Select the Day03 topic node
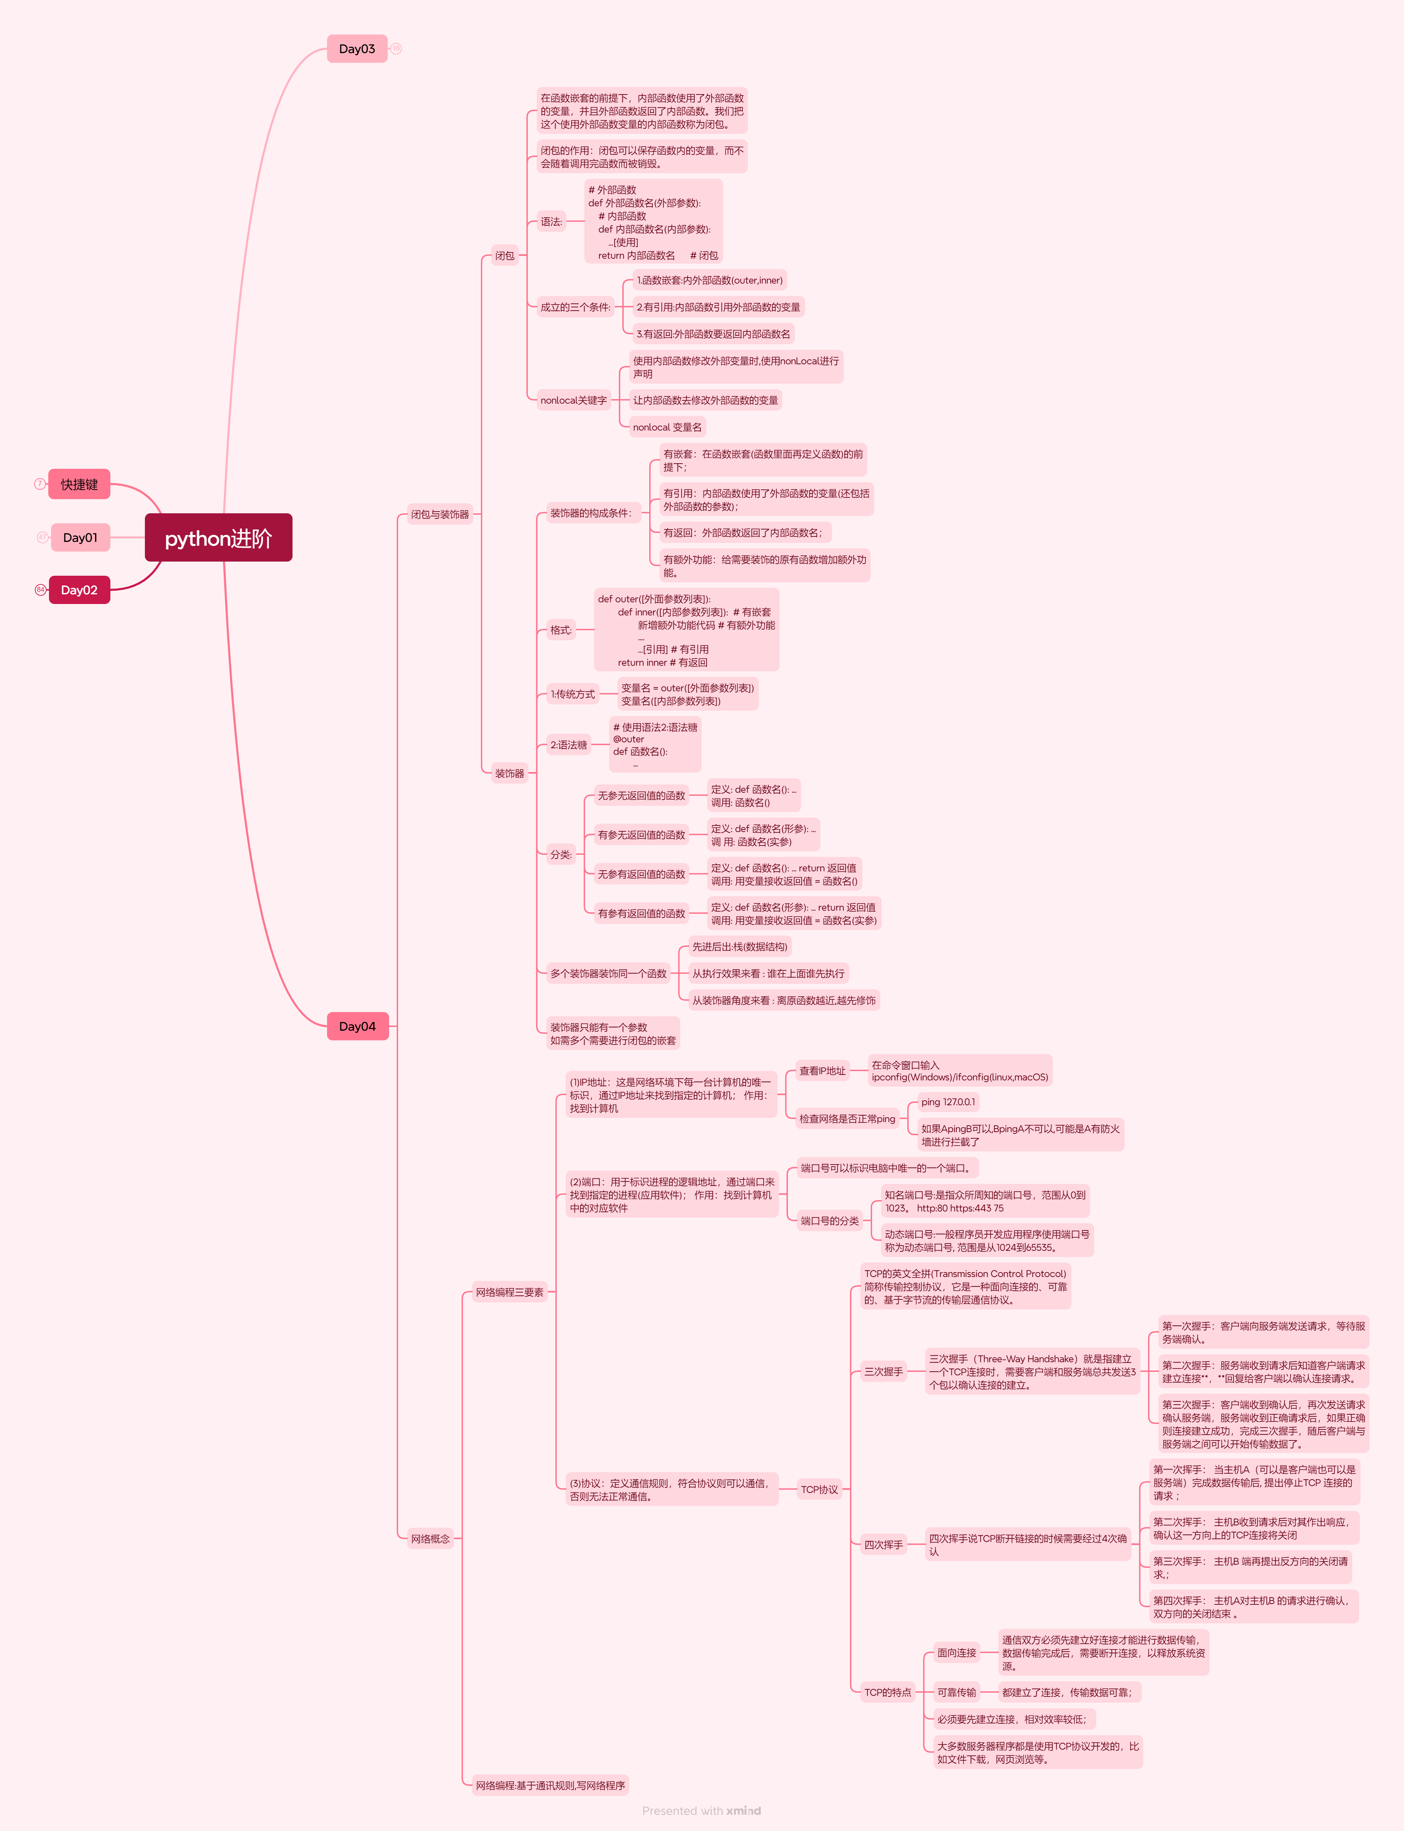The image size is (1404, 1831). (x=357, y=49)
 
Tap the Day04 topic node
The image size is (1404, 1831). (x=357, y=1026)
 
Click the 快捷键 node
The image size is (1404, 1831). (x=79, y=484)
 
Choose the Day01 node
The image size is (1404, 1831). (x=80, y=537)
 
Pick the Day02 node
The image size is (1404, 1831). (x=79, y=590)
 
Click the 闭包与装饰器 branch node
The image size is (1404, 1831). (x=439, y=514)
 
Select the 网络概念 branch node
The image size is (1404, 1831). (x=431, y=1538)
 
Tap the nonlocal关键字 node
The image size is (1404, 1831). (x=573, y=400)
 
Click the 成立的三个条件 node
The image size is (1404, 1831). (x=575, y=307)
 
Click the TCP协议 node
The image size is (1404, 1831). (x=819, y=1489)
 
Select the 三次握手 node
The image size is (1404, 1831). (x=883, y=1372)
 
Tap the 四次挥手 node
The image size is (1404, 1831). (x=883, y=1544)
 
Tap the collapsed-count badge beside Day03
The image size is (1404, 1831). (x=396, y=49)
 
